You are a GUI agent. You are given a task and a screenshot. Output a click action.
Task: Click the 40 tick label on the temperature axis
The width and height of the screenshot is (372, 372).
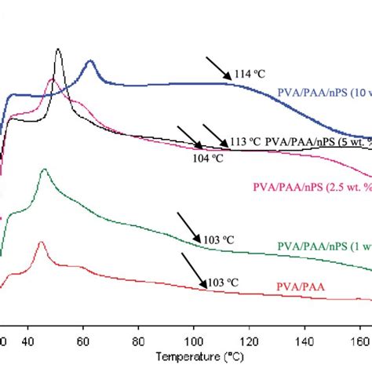point(29,341)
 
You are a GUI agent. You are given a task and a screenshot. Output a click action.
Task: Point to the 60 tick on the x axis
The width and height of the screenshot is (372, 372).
point(83,341)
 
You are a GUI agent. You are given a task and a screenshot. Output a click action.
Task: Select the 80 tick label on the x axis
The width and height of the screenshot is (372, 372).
point(137,341)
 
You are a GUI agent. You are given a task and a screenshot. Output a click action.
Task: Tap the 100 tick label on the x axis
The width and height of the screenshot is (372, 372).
point(192,341)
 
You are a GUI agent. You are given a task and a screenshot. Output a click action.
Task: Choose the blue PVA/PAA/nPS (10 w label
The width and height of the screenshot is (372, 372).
point(324,93)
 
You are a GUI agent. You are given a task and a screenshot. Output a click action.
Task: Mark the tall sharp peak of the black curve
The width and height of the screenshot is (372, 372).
point(58,49)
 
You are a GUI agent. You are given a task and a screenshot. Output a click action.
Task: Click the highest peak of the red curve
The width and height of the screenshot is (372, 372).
point(40,243)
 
